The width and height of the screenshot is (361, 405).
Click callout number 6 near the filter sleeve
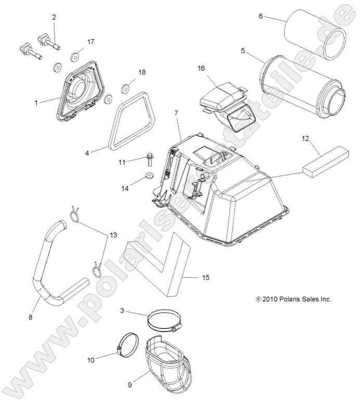coord(261,16)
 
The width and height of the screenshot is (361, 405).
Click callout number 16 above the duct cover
coord(201,68)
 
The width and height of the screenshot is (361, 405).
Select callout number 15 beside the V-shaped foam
coord(205,278)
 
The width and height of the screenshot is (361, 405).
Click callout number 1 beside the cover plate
coord(36,103)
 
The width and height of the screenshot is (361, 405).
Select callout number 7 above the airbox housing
coord(176,113)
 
